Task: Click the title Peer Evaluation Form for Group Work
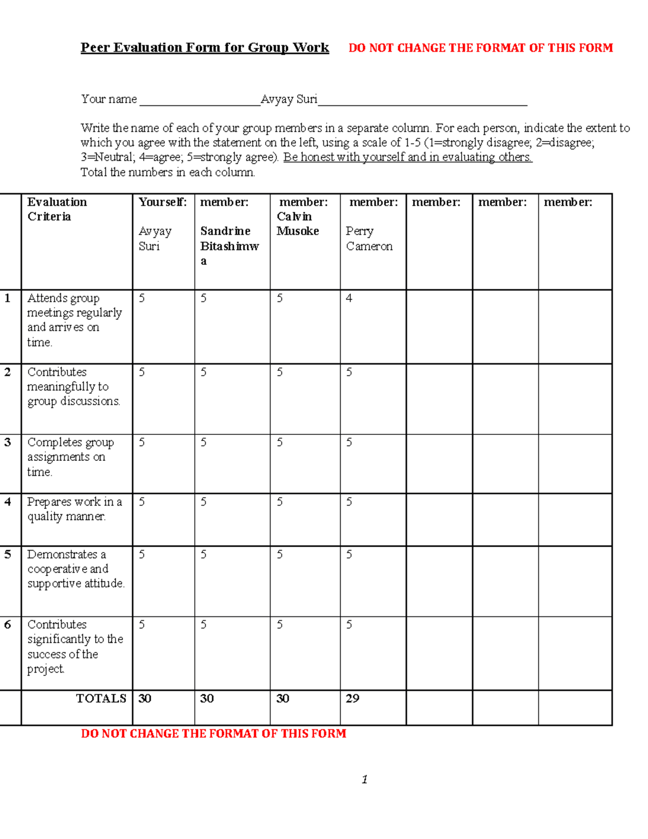pos(205,48)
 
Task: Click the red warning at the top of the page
pos(481,48)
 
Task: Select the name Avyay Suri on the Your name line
pos(289,99)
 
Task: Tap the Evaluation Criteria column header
pos(57,209)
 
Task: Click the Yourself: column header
pos(163,202)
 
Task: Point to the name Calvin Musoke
pos(298,224)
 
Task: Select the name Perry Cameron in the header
pos(369,238)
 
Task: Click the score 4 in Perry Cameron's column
pos(349,298)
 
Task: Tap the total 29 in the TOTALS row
pos(352,699)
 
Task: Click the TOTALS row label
pos(101,699)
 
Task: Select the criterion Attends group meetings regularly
pos(75,320)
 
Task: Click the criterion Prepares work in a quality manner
pos(74,509)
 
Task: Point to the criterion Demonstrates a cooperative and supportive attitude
pos(76,569)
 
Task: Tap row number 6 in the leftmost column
pos(8,625)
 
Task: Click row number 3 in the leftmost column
pos(8,442)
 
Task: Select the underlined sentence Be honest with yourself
pos(408,157)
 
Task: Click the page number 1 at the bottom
pos(365,779)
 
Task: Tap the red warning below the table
pos(213,734)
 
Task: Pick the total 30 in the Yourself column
pos(145,699)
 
